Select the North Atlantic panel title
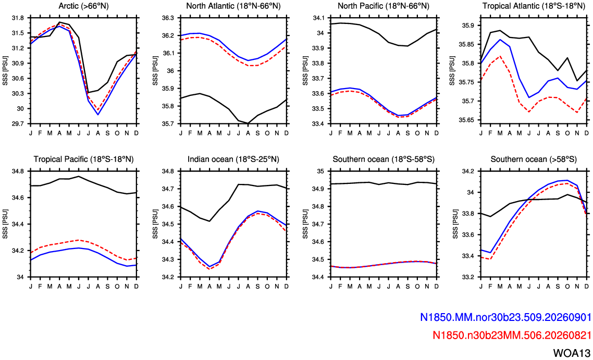point(233,6)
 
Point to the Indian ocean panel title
point(233,159)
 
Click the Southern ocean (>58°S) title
point(534,159)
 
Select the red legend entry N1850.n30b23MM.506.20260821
point(511,334)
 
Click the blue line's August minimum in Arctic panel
point(98,115)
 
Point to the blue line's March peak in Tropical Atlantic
point(500,39)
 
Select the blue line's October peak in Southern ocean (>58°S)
point(567,180)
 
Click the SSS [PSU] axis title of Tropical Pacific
point(5,224)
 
